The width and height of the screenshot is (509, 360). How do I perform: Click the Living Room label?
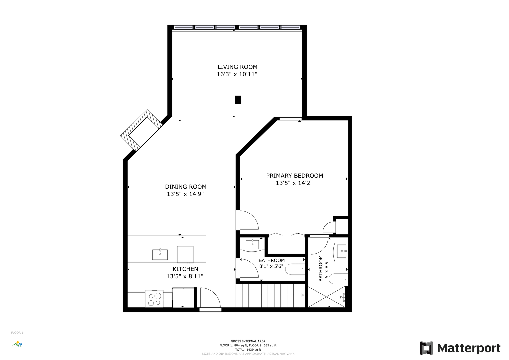click(237, 67)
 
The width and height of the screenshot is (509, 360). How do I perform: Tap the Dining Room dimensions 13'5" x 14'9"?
click(185, 194)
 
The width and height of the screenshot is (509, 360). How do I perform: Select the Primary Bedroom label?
click(294, 176)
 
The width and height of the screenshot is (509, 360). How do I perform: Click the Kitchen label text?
click(185, 269)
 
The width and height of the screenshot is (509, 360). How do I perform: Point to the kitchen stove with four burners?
click(154, 299)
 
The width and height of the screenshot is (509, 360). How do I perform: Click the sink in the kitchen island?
click(160, 255)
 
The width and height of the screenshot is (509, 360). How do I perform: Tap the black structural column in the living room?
click(238, 100)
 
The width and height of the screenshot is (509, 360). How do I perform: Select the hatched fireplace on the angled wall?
click(141, 130)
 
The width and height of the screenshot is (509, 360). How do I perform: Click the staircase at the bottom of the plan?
click(270, 295)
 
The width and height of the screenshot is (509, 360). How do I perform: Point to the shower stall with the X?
click(327, 297)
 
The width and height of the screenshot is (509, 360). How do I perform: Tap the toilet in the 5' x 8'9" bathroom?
click(338, 279)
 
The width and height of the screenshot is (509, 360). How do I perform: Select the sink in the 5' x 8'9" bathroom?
click(342, 251)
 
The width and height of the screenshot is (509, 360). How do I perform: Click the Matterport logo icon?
click(426, 348)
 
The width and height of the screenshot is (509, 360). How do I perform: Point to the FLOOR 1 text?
click(17, 333)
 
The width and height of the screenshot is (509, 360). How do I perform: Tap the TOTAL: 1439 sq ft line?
click(248, 350)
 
